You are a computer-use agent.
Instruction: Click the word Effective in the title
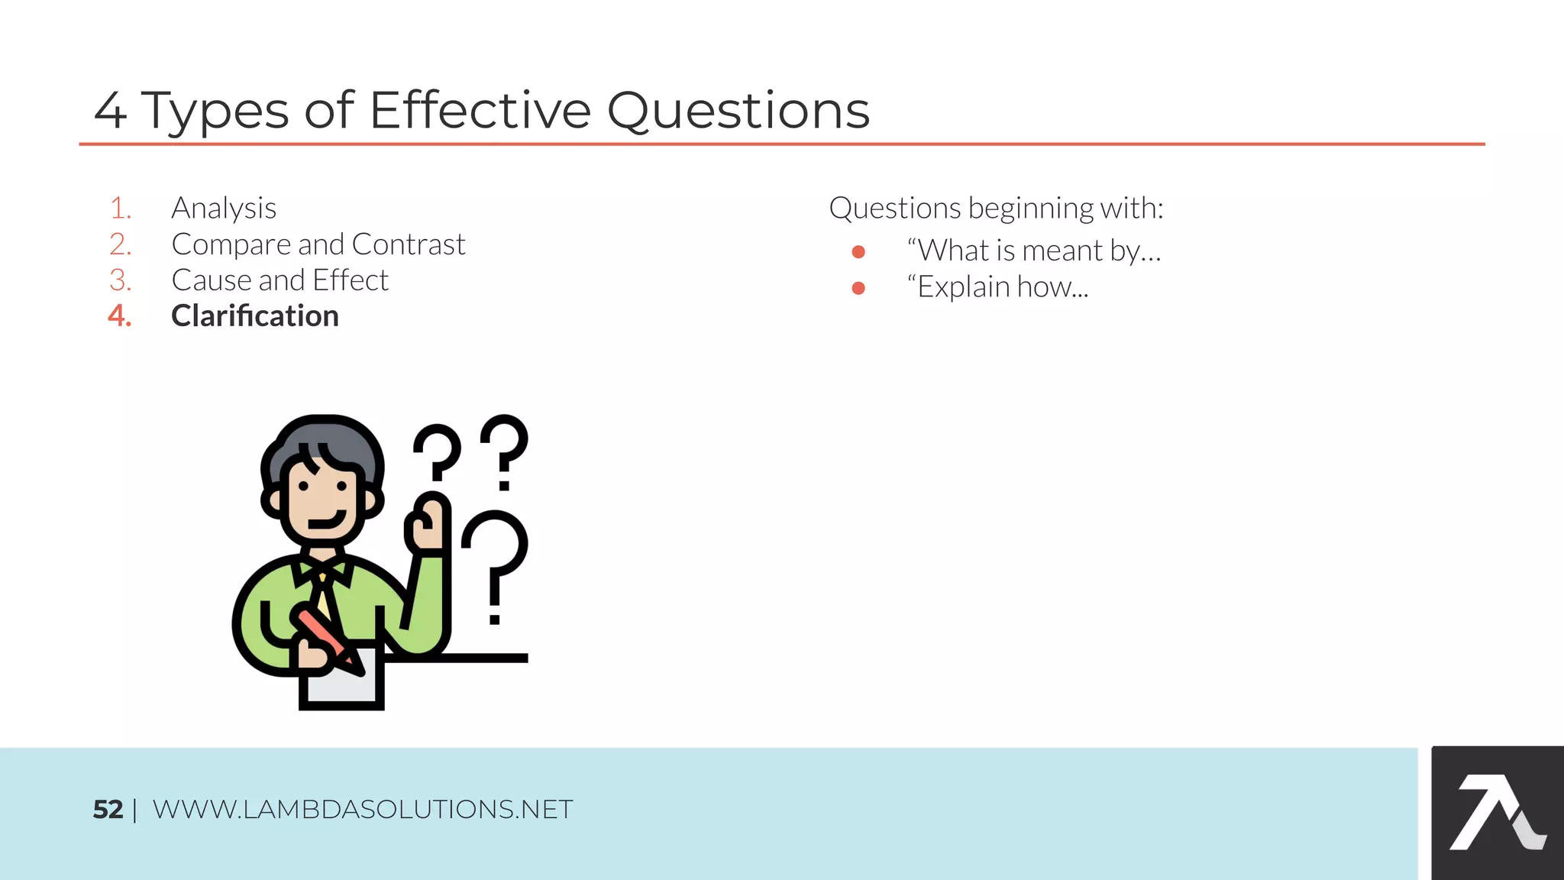(480, 111)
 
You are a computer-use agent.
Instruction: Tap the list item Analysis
(224, 208)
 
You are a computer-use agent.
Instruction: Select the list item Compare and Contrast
(318, 244)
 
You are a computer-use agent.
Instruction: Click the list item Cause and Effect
(280, 280)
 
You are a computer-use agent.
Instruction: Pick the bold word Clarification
(255, 316)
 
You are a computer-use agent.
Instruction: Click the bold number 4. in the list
(120, 316)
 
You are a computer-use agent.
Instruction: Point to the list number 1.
(121, 208)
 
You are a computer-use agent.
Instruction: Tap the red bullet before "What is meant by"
(858, 251)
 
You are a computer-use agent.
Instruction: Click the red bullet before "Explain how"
(858, 288)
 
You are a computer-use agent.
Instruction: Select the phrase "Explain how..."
(997, 287)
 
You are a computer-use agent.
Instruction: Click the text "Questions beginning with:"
(996, 208)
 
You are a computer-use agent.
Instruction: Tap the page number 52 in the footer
(108, 810)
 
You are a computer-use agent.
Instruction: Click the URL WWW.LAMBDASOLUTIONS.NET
(363, 810)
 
